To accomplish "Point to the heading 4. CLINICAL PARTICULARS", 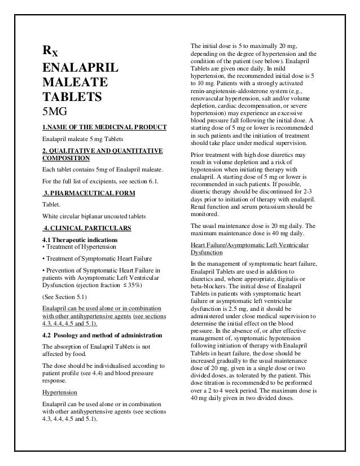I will pos(87,228).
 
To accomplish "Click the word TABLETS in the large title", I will pos(69,96).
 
